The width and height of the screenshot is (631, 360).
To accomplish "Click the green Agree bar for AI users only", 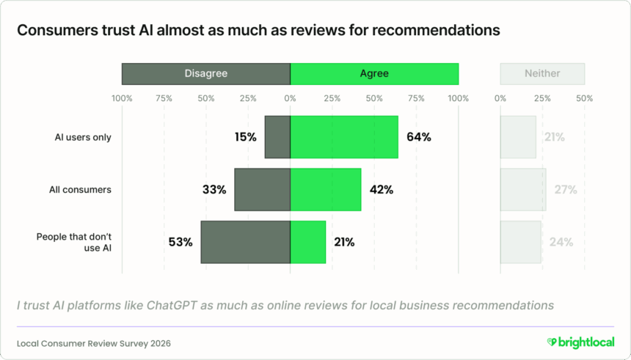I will [x=344, y=137].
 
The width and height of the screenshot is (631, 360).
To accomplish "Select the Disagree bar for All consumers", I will [x=262, y=189].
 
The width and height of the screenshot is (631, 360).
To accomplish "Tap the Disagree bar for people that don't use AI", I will [x=245, y=242].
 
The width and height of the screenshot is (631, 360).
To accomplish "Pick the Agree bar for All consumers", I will [x=326, y=189].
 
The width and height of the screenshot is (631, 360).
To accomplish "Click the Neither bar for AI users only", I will [x=518, y=137].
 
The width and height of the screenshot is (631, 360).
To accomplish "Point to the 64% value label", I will [x=418, y=137].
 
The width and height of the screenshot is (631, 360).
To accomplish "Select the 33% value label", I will [x=214, y=189].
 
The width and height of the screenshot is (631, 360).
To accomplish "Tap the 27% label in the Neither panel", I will [x=565, y=189].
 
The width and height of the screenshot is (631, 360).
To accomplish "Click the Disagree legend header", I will [x=206, y=73].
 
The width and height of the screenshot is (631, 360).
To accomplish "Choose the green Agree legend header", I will [x=374, y=73].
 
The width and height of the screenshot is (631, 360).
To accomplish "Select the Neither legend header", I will [x=542, y=73].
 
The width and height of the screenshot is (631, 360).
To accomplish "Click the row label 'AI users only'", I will [x=83, y=137].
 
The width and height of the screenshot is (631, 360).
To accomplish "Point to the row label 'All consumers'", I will [x=80, y=189].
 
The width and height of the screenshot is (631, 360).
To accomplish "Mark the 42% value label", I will [x=381, y=189].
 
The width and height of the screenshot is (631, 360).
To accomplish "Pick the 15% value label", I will [x=245, y=137].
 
